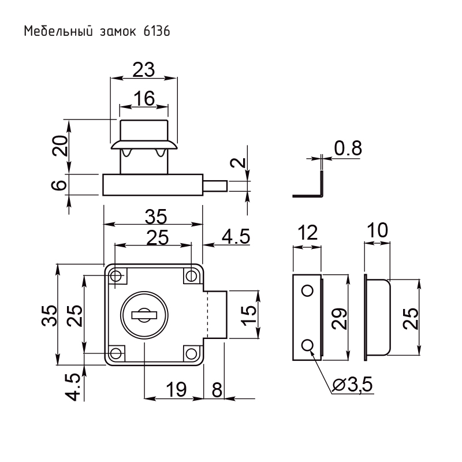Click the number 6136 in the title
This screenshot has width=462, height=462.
(155, 31)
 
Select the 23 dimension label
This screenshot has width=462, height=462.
(143, 70)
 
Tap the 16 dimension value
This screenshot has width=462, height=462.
(144, 99)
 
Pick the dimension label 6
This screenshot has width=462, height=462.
(60, 185)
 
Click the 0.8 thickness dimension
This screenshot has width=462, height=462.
(348, 148)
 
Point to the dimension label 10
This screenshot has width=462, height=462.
(377, 232)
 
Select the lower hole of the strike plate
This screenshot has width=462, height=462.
(308, 345)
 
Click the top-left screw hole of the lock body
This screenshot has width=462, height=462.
(117, 275)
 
